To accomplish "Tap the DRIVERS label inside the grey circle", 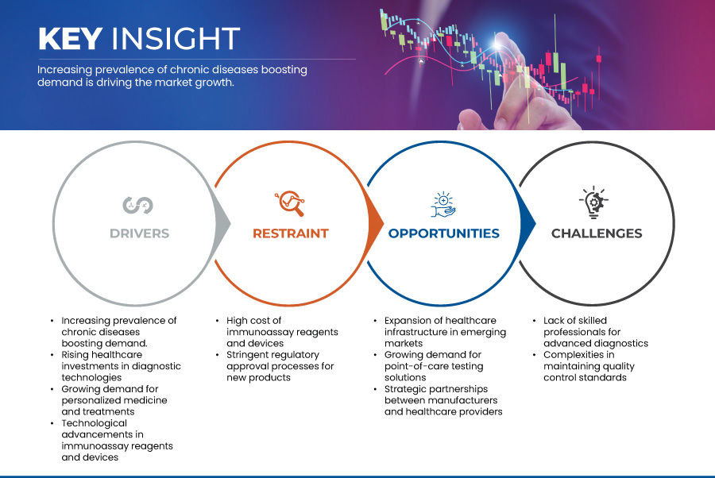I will pyautogui.click(x=139, y=233).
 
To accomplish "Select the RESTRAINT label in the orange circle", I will pyautogui.click(x=290, y=233).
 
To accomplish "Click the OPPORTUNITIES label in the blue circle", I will pyautogui.click(x=443, y=233).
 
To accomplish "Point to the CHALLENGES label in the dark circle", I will pyautogui.click(x=596, y=233).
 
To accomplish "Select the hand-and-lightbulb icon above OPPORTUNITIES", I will pyautogui.click(x=443, y=203).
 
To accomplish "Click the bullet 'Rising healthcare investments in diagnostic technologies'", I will pyautogui.click(x=120, y=366).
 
